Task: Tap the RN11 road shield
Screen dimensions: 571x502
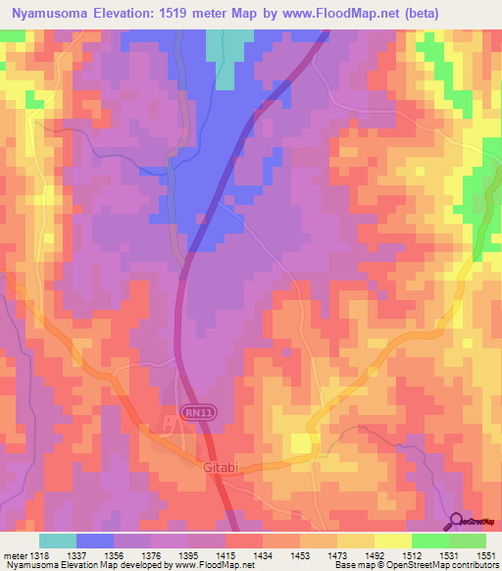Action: (197, 414)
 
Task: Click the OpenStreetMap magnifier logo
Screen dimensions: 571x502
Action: (458, 521)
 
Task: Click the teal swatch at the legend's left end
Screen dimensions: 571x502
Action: (58, 541)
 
